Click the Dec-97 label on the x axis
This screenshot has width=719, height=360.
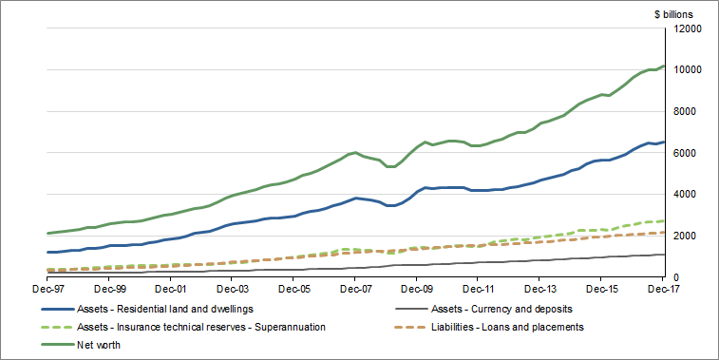pyautogui.click(x=47, y=288)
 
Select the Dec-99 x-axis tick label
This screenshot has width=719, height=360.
pyautogui.click(x=108, y=288)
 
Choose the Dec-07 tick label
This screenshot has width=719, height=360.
pyautogui.click(x=355, y=288)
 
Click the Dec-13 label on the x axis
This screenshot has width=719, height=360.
pyautogui.click(x=540, y=288)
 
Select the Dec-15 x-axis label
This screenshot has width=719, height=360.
pyautogui.click(x=602, y=288)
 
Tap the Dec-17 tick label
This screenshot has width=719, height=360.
pyautogui.click(x=662, y=288)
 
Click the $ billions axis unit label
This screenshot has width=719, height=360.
pyautogui.click(x=673, y=14)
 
